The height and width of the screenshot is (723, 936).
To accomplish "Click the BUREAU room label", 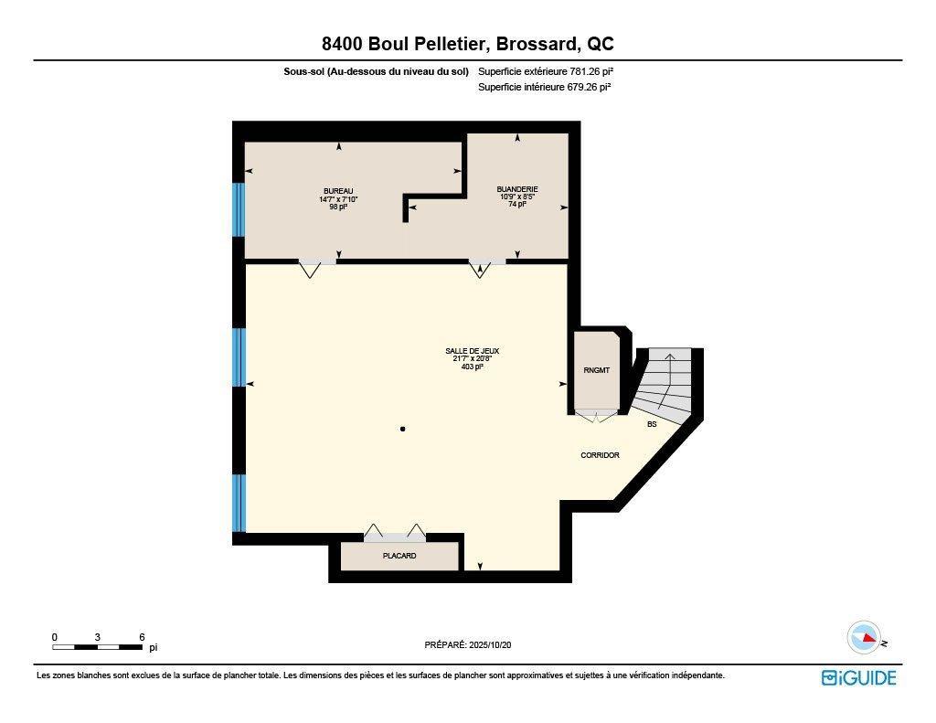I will click(x=337, y=190).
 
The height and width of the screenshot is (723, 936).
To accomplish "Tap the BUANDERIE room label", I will click(x=516, y=189).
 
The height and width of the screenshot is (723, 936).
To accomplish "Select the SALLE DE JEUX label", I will click(x=472, y=351).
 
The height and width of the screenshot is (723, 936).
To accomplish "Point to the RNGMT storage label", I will click(x=596, y=370).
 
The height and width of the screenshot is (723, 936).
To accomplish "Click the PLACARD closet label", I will click(x=399, y=556).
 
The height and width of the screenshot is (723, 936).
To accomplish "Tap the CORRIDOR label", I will click(x=600, y=455).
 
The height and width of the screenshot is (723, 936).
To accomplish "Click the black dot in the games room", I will click(x=402, y=429).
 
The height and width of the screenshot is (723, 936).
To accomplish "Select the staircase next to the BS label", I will click(x=666, y=384).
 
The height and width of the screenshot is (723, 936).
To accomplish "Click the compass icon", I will click(x=864, y=637).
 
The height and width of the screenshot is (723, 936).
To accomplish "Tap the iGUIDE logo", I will click(x=858, y=677).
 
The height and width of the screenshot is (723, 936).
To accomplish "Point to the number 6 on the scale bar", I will click(x=142, y=637).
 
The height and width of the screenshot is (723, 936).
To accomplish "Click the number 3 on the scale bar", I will click(x=97, y=637).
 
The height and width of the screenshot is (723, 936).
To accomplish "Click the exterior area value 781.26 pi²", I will click(x=584, y=71).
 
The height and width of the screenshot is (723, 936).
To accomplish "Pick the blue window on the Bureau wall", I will click(x=239, y=210).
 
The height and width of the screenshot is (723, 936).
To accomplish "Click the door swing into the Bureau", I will click(x=310, y=270).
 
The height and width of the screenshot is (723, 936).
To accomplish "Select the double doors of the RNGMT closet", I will click(x=596, y=416).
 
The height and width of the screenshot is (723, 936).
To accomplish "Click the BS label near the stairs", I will click(x=652, y=424).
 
